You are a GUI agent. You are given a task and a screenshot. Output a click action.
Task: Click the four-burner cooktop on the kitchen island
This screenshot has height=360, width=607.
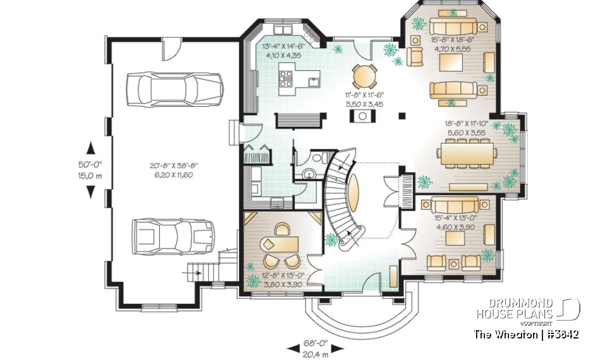286,78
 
